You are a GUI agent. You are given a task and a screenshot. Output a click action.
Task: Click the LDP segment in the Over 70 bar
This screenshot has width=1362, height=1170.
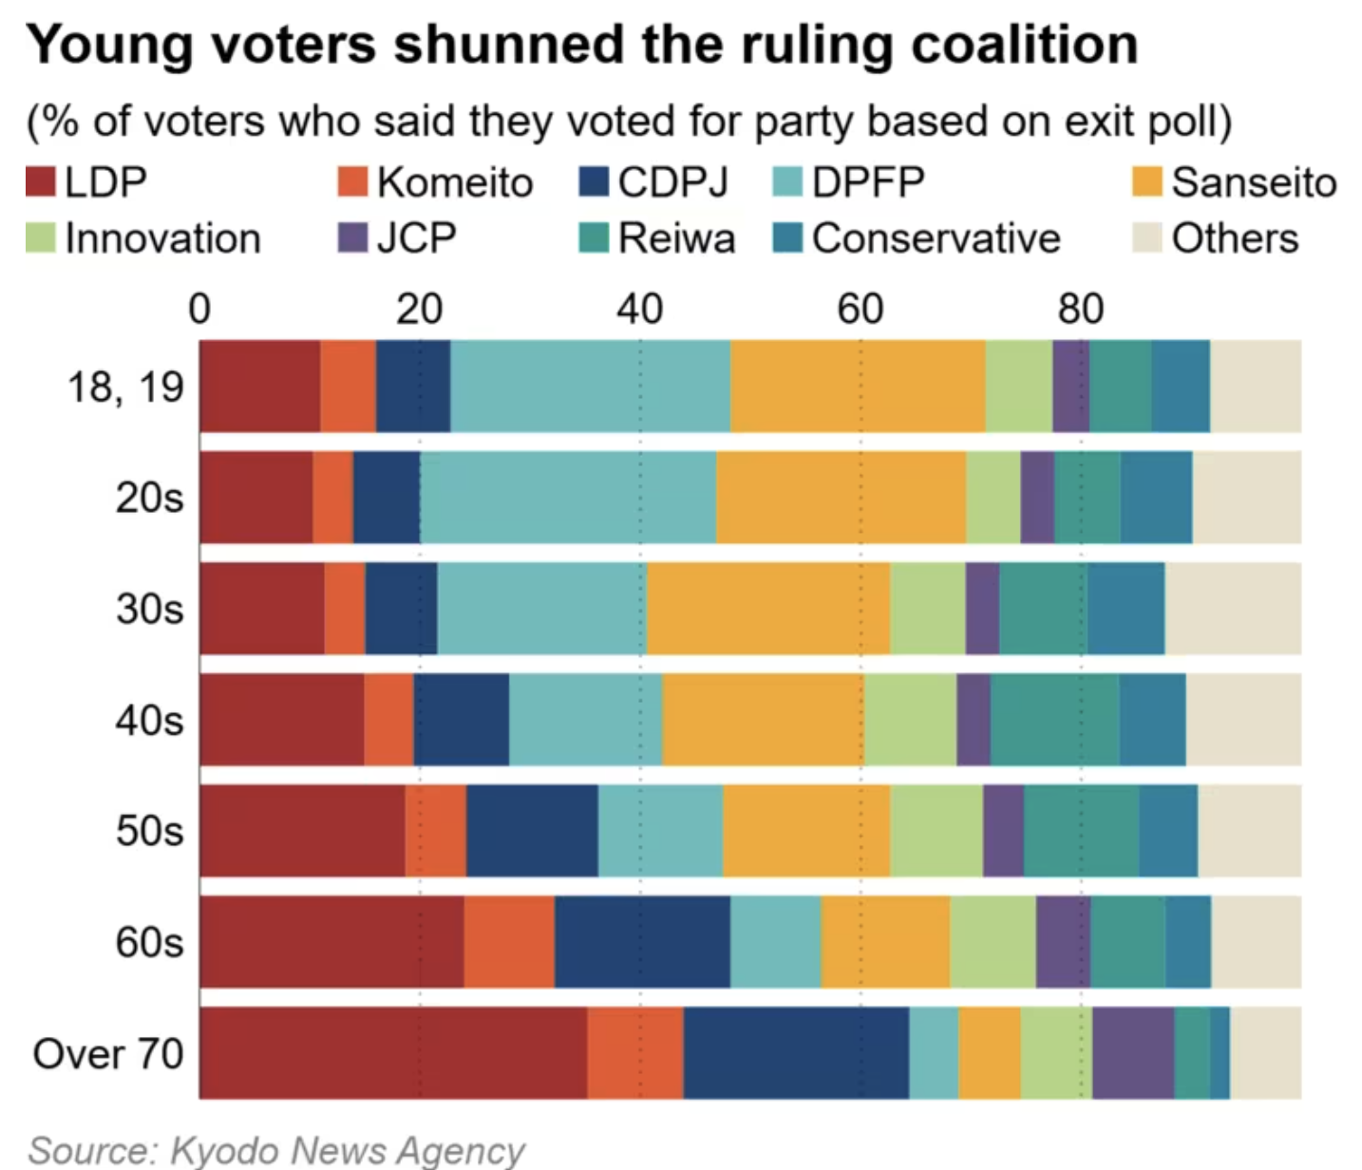(x=393, y=1052)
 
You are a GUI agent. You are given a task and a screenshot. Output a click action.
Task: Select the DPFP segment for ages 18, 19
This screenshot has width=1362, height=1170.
(x=590, y=386)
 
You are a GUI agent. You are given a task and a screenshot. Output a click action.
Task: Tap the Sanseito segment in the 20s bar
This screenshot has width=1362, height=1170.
(x=841, y=497)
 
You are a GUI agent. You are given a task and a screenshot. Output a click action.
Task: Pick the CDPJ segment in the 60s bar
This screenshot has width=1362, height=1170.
(x=642, y=941)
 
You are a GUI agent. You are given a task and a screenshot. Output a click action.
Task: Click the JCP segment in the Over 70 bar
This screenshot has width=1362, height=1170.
(x=1133, y=1052)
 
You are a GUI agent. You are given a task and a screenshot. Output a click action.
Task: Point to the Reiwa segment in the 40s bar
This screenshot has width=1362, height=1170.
(x=1054, y=719)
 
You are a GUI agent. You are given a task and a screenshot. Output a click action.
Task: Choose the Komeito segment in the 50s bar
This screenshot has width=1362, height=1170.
(x=435, y=830)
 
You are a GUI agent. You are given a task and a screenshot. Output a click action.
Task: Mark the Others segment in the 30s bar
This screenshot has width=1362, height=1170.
(x=1233, y=608)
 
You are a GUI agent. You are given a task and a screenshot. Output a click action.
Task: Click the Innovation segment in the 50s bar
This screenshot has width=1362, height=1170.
(x=936, y=830)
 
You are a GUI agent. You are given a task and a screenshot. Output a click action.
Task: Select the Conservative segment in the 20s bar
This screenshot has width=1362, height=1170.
(x=1156, y=497)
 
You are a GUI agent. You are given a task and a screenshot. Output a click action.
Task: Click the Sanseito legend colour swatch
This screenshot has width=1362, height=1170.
(x=1147, y=181)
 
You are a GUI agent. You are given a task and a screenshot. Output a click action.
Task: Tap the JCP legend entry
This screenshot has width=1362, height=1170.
(x=398, y=237)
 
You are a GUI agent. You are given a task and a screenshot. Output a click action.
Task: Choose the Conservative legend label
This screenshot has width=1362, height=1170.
(x=936, y=237)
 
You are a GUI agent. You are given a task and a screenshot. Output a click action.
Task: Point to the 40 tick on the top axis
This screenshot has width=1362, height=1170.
(x=639, y=309)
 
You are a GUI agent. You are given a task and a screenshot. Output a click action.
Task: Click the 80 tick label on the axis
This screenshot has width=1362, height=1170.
(x=1081, y=309)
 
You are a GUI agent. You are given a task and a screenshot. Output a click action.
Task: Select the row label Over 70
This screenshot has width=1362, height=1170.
(x=108, y=1053)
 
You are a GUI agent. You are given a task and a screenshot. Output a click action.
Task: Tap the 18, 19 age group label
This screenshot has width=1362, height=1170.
(x=124, y=387)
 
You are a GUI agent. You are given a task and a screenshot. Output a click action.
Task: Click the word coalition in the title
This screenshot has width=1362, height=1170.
(x=1024, y=45)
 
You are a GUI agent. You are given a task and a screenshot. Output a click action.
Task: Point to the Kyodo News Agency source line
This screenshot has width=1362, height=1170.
(x=275, y=1149)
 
